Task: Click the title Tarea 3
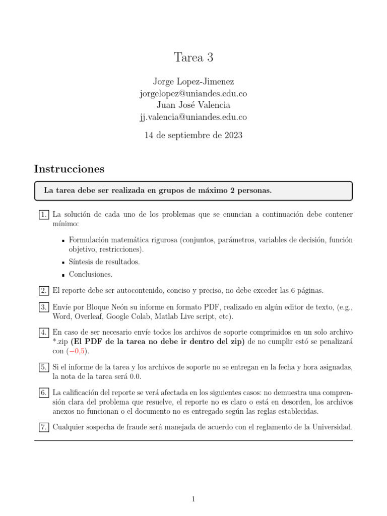click(x=193, y=58)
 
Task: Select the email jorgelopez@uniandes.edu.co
click(x=193, y=94)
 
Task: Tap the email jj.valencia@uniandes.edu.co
click(x=193, y=117)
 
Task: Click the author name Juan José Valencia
click(x=193, y=105)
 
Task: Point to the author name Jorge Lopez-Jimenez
click(x=193, y=82)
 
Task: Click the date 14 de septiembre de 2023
click(x=193, y=135)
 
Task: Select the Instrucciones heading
click(x=69, y=169)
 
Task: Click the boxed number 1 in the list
click(x=44, y=215)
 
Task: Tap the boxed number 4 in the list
click(x=44, y=333)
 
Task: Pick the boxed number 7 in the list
click(x=44, y=427)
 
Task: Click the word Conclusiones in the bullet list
click(x=90, y=275)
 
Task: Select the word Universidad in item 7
click(x=332, y=427)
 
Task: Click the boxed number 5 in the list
click(x=44, y=368)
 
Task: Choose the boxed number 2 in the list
click(x=44, y=291)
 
